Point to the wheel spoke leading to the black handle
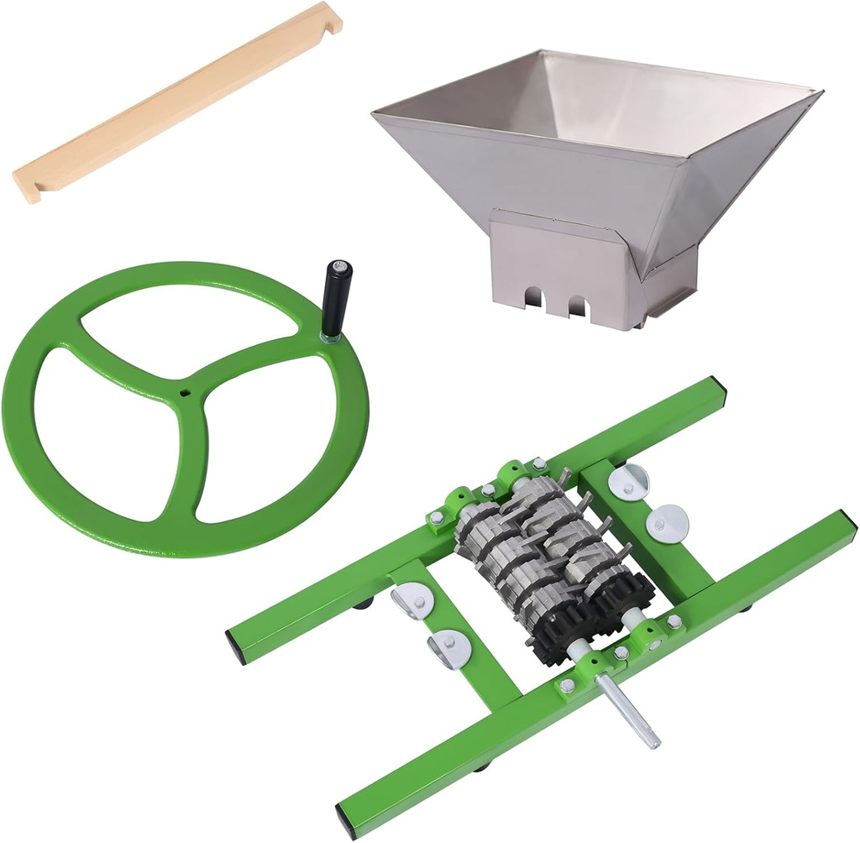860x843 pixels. (260, 360)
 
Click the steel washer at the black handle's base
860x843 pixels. (330, 338)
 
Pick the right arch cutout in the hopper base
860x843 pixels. (577, 305)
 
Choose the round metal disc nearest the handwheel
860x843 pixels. (412, 601)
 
